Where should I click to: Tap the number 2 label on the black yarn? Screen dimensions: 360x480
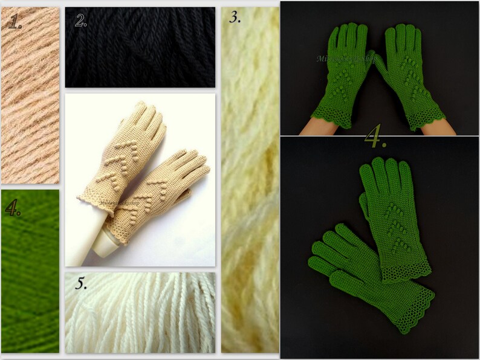(x=81, y=20)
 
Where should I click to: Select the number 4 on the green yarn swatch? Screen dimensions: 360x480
(x=13, y=208)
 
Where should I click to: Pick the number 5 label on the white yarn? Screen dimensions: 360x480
(x=79, y=284)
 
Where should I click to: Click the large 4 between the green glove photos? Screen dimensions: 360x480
(x=375, y=138)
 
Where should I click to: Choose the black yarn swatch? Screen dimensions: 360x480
(x=140, y=54)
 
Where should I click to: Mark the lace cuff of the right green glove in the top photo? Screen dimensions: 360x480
(x=426, y=115)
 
